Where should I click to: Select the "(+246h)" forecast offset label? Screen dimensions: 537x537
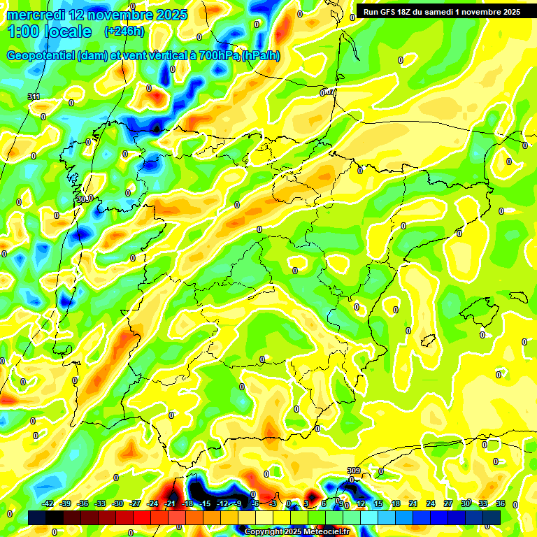(x=124, y=31)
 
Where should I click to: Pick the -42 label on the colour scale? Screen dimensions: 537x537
(x=48, y=503)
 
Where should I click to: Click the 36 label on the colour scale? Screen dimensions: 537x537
(x=500, y=503)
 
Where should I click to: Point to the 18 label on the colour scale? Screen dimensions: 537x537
(x=395, y=503)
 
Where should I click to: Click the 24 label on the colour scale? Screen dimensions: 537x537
(x=430, y=503)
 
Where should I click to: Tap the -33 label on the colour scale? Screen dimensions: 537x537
(x=100, y=503)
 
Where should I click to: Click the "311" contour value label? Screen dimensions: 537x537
(x=34, y=96)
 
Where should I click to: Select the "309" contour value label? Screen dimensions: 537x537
(x=353, y=471)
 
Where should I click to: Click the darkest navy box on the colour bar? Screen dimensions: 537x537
(x=38, y=517)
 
